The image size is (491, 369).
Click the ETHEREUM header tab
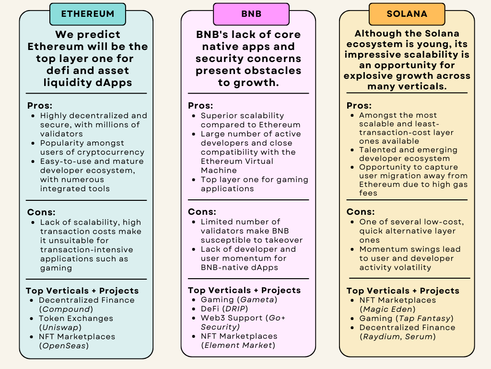click(x=87, y=14)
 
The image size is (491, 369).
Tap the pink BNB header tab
click(x=251, y=14)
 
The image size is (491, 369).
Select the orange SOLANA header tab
click(x=407, y=14)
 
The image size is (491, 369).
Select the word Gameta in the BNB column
click(x=259, y=299)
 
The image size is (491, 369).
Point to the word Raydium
click(x=382, y=336)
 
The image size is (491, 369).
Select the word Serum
click(x=419, y=336)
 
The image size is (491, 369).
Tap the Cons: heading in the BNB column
click(x=202, y=212)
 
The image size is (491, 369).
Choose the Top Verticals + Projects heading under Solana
click(x=403, y=291)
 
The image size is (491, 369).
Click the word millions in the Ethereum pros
click(x=110, y=125)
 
